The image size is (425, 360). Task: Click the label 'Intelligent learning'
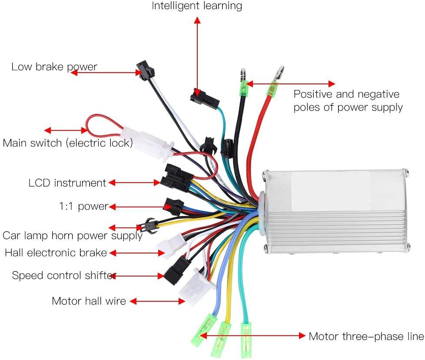[197, 6]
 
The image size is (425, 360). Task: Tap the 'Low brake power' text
[54, 67]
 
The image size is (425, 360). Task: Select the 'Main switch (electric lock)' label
[67, 143]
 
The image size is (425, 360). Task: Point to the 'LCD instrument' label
[67, 183]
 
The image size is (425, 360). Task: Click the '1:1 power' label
[84, 207]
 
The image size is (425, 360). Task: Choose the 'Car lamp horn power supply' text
[73, 236]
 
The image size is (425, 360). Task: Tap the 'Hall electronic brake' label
[56, 253]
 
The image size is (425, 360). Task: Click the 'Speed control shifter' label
[64, 275]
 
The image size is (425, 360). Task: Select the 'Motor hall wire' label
[89, 301]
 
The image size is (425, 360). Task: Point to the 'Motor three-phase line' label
[366, 337]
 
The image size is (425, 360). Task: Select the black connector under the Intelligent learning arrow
[205, 99]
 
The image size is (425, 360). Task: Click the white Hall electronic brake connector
[172, 243]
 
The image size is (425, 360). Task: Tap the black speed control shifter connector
[177, 270]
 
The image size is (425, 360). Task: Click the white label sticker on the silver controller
[331, 191]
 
